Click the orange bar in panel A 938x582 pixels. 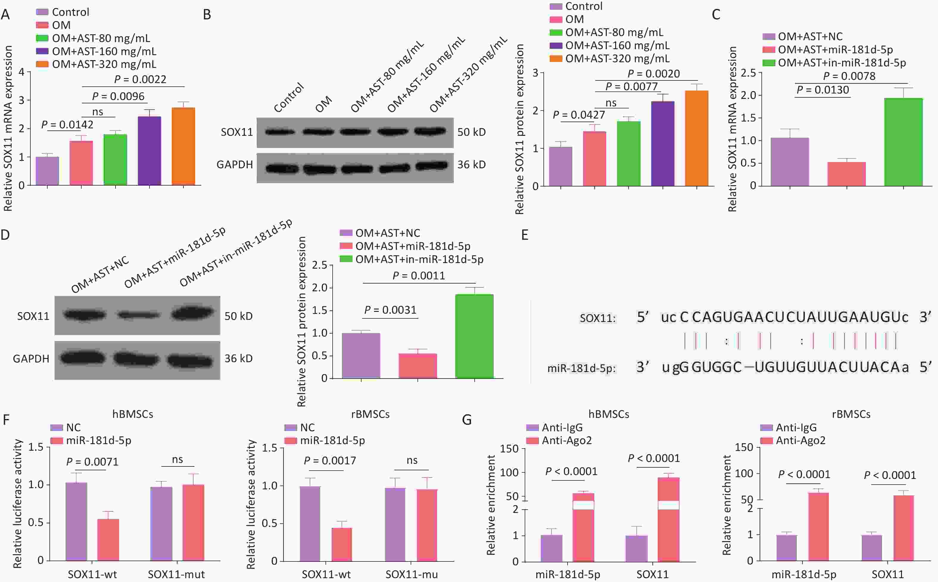pos(183,146)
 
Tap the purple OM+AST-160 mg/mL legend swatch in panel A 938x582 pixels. pos(42,51)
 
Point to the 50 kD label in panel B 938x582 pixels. pos(471,132)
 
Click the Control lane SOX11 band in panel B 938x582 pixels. pos(280,132)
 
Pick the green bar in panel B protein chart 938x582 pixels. pos(629,154)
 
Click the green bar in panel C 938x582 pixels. pos(903,142)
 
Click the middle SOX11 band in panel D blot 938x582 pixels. pos(138,315)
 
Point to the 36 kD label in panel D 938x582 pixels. pos(239,358)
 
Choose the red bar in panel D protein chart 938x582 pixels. pos(417,366)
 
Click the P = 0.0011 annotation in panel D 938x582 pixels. pos(419,276)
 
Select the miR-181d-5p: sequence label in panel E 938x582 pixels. pos(581,368)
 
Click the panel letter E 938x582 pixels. pos(524,235)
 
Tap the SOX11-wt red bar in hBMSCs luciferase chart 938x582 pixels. pos(108,539)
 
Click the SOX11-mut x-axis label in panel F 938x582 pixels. pos(176,574)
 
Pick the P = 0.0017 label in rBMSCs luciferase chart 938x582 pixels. pos(330,460)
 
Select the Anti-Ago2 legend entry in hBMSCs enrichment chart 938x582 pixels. pos(566,440)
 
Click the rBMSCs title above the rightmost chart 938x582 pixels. pos(851,414)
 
